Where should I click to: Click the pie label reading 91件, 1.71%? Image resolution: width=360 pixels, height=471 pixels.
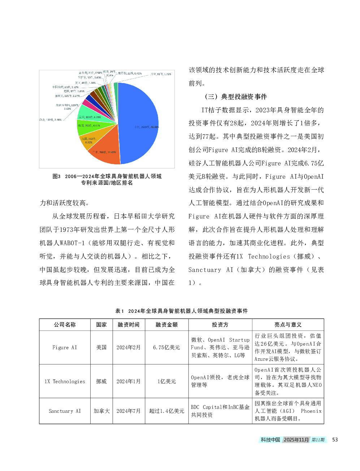click(x=161, y=74)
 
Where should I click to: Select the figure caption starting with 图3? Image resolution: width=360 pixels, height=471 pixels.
click(x=107, y=180)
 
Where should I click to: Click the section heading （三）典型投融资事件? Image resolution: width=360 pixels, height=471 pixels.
click(x=235, y=96)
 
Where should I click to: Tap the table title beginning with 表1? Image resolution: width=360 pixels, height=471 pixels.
click(x=181, y=311)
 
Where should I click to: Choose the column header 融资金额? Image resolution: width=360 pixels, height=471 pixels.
click(x=166, y=325)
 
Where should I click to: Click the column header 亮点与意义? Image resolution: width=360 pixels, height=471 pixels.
click(x=288, y=325)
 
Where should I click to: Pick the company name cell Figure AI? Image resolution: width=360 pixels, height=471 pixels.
click(x=65, y=347)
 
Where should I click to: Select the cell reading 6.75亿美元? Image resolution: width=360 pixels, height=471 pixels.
click(x=166, y=347)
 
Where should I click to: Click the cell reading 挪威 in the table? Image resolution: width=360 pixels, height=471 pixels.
click(x=101, y=381)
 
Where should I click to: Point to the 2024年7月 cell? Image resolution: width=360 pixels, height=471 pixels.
click(x=128, y=411)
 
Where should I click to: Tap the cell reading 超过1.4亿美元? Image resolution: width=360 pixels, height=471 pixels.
click(x=166, y=411)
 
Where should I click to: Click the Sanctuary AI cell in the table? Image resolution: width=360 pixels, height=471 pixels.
click(x=65, y=411)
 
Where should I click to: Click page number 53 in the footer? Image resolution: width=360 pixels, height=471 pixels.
click(x=335, y=440)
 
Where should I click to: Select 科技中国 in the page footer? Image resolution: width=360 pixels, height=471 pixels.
click(x=270, y=440)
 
